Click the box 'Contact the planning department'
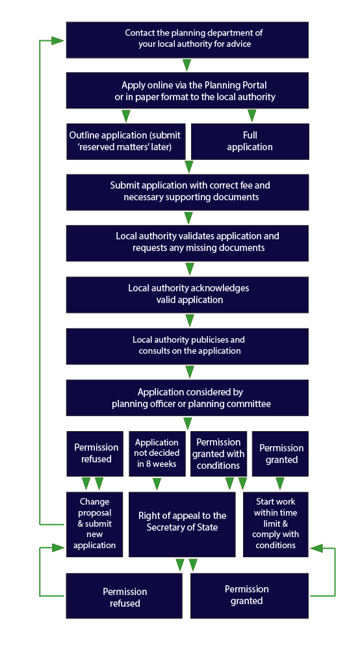click(x=187, y=39)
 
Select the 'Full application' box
click(x=250, y=141)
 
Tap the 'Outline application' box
click(x=125, y=141)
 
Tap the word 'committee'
click(x=248, y=404)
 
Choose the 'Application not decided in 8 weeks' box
click(x=157, y=453)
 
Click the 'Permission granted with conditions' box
click(x=218, y=453)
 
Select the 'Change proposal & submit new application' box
click(x=95, y=523)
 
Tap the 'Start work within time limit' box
click(x=276, y=523)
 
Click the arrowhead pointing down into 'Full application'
click(x=252, y=116)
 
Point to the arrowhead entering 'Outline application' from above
click(x=126, y=116)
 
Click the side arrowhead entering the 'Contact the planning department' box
click(x=57, y=40)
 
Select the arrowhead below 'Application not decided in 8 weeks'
click(x=157, y=484)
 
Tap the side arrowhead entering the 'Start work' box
click(x=316, y=548)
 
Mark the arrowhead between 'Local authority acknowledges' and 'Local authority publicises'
click(x=190, y=321)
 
